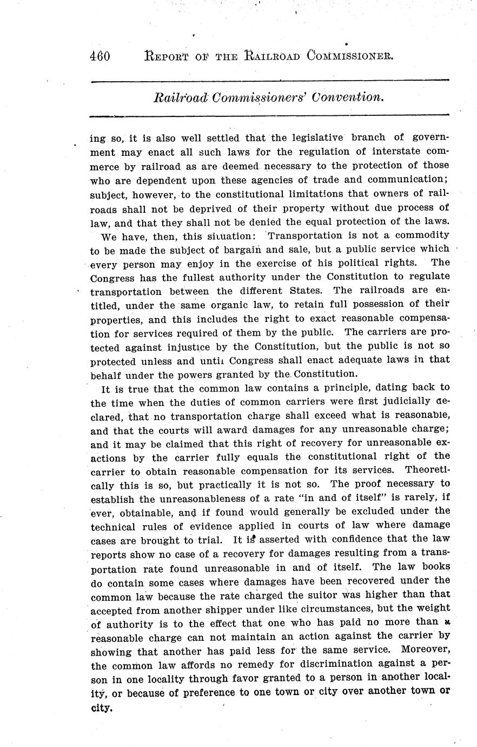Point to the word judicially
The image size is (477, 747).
(396, 402)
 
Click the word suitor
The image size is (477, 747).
(315, 596)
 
